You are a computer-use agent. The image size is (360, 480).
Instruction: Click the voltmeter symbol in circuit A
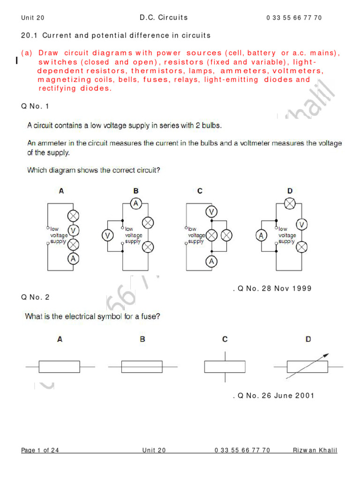pyautogui.click(x=74, y=230)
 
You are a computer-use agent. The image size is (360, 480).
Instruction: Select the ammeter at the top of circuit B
pyautogui.click(x=136, y=203)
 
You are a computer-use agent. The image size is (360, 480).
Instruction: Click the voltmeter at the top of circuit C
pyautogui.click(x=212, y=212)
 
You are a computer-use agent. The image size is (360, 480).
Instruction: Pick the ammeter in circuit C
pyautogui.click(x=212, y=262)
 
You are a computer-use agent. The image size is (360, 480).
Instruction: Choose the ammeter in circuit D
pyautogui.click(x=261, y=235)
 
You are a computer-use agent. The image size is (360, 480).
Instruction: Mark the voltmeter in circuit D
pyautogui.click(x=302, y=225)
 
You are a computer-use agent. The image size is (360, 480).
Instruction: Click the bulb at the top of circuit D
pyautogui.click(x=290, y=203)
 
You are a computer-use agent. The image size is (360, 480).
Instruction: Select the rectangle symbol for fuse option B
pyautogui.click(x=142, y=367)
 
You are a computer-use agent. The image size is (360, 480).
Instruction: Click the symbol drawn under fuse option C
pyautogui.click(x=225, y=366)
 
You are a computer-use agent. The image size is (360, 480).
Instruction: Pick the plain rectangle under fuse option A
pyautogui.click(x=60, y=367)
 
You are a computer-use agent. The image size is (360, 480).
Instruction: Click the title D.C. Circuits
pyautogui.click(x=164, y=17)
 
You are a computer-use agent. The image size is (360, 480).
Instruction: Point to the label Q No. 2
pyautogui.click(x=35, y=297)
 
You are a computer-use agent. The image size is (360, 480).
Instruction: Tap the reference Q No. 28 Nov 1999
pyautogui.click(x=272, y=288)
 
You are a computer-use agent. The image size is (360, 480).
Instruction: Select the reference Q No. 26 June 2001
pyautogui.click(x=273, y=396)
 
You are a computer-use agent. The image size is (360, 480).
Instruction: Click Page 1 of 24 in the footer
pyautogui.click(x=40, y=450)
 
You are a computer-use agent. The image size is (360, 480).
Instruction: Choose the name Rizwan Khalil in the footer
pyautogui.click(x=315, y=450)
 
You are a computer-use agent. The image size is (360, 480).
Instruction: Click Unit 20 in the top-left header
pyautogui.click(x=33, y=18)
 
